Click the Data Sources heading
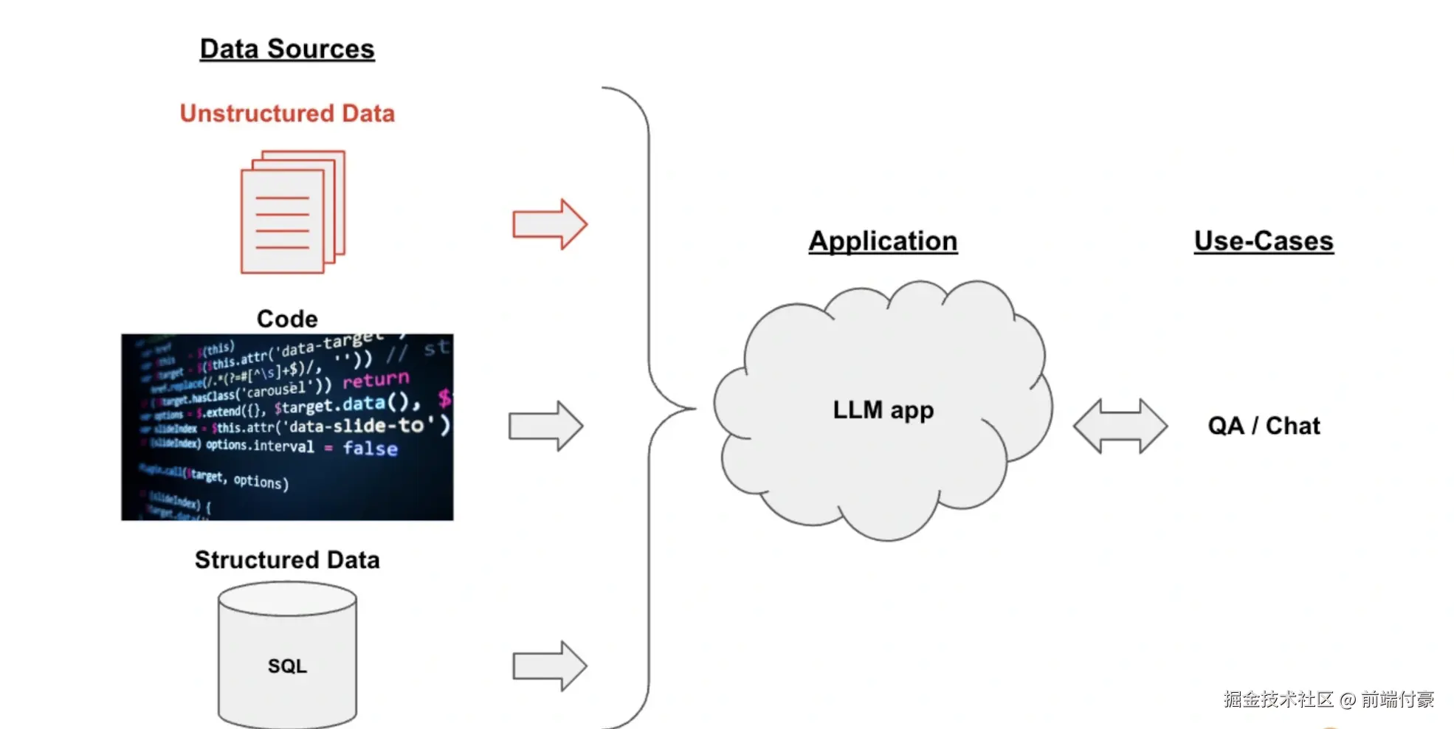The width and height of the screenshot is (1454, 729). point(287,49)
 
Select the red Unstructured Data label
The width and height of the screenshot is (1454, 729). point(287,114)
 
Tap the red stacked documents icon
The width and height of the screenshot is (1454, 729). point(292,213)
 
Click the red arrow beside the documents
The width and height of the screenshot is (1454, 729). point(550,224)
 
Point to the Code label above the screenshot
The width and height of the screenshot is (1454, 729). point(287,319)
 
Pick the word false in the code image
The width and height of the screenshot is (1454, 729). point(370,449)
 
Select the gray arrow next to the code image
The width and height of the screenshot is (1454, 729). point(546,426)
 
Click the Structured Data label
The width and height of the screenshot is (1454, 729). point(287,560)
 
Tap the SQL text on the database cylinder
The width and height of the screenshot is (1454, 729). point(287,666)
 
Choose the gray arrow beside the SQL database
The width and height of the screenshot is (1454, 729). point(550,666)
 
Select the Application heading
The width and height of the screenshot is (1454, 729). point(883,241)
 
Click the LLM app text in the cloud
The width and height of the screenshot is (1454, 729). point(883,410)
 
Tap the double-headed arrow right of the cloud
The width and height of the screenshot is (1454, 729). point(1120,426)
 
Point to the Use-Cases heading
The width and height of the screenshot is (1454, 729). point(1264,241)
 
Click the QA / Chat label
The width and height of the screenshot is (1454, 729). point(1264,426)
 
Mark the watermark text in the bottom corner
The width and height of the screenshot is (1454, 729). point(1329,699)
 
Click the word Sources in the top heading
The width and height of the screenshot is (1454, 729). point(321,49)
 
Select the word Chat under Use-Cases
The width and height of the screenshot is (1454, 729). point(1293,426)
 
